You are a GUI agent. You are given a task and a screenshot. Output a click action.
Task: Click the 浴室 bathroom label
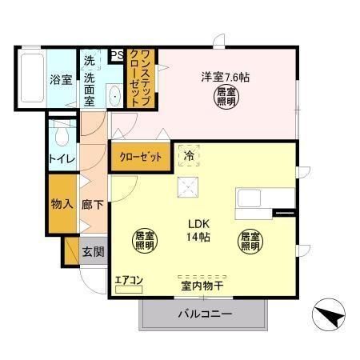tap(60, 80)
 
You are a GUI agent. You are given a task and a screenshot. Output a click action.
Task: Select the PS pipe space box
tap(117, 55)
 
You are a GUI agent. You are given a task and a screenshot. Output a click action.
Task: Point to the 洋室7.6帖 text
tap(225, 78)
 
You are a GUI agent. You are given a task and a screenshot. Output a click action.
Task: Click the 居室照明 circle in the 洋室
tap(226, 98)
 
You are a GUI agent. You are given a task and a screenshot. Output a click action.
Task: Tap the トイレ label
tap(62, 159)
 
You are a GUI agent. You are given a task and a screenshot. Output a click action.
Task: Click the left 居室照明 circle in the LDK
tap(144, 241)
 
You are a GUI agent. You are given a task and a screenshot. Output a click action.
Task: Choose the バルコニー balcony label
tap(204, 315)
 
